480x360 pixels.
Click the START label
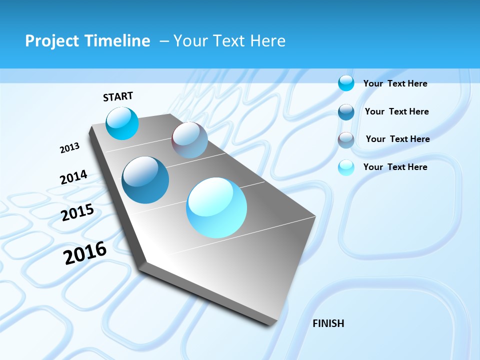click(118, 96)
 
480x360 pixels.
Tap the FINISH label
click(328, 323)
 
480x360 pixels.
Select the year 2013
click(69, 148)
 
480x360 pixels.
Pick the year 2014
click(73, 177)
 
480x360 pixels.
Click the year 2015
click(77, 212)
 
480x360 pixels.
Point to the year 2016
click(85, 253)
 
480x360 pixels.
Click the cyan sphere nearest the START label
click(122, 123)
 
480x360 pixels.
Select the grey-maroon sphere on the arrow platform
click(189, 140)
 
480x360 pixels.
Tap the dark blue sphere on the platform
click(145, 180)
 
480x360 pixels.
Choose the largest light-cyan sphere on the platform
click(216, 207)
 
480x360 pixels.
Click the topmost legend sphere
click(346, 83)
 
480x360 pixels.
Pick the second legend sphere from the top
click(346, 112)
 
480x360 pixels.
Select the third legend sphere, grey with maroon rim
click(346, 140)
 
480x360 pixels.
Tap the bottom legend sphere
click(346, 167)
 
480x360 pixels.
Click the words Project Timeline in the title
click(87, 41)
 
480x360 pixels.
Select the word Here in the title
click(267, 41)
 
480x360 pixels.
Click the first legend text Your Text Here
click(395, 83)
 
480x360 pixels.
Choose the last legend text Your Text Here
click(395, 167)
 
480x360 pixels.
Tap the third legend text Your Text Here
click(397, 139)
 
